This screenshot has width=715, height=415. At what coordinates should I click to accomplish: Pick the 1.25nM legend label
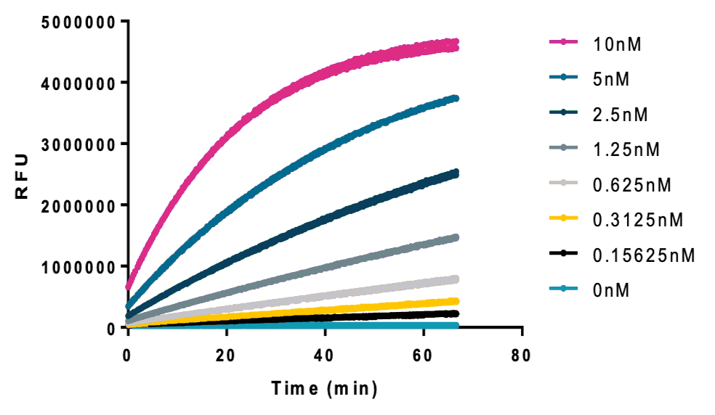[626, 149]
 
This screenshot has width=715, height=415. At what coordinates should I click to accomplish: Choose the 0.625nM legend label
[631, 185]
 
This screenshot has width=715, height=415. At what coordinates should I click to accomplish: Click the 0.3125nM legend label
[637, 220]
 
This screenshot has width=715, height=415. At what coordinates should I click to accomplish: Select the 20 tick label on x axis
[227, 356]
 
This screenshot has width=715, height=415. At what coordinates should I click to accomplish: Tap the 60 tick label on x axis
[424, 356]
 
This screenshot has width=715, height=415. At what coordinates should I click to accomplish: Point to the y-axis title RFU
[21, 175]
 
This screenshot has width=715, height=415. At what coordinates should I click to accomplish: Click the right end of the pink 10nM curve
[456, 44]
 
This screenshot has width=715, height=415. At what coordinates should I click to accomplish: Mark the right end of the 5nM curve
[456, 98]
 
